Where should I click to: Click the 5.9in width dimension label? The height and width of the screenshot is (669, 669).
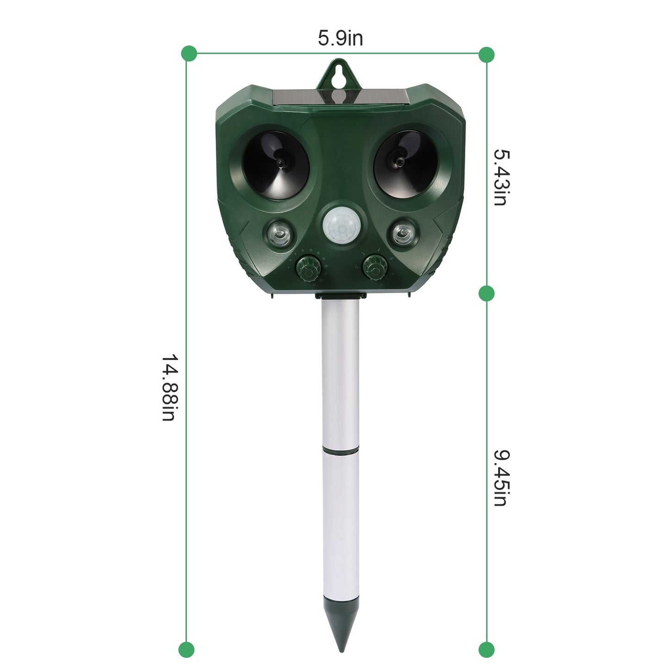click(x=340, y=38)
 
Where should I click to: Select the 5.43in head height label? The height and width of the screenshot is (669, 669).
click(x=501, y=177)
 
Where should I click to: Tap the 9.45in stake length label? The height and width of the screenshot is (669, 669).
click(x=501, y=478)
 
